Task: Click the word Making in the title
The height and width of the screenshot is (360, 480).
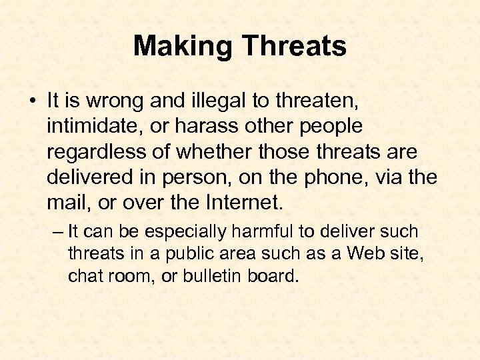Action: click(183, 47)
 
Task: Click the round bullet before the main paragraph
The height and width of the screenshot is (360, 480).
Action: click(33, 103)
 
